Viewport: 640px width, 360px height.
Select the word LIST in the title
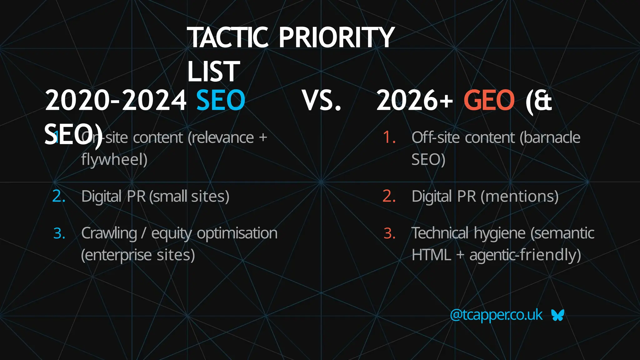point(213,72)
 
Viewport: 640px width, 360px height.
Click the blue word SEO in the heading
point(221,100)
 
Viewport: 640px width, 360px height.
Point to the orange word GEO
point(489,100)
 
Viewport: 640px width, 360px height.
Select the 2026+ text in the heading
point(415,101)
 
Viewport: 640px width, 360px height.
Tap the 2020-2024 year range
point(116,101)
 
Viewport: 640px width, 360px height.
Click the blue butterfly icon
point(558,315)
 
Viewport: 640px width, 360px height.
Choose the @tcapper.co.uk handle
point(496,315)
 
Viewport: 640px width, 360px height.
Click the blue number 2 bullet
point(59,196)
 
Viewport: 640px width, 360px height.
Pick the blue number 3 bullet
point(59,233)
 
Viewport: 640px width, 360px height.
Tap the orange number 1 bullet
point(389,137)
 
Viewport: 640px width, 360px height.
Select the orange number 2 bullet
point(389,196)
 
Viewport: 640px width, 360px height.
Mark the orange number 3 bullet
point(389,233)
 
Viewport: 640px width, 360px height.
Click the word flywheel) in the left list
point(114,160)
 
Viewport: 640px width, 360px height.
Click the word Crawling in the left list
point(109,233)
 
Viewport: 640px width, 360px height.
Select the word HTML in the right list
point(431,255)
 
